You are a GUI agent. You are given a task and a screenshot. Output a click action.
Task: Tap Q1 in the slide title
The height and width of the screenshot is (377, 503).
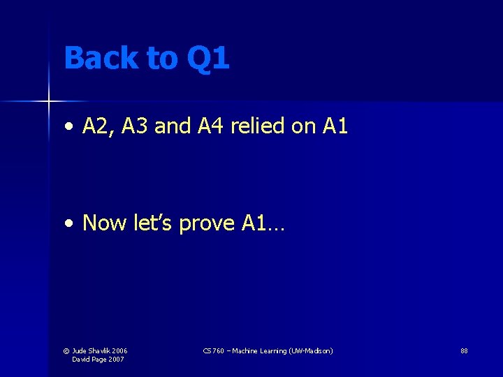[208, 59]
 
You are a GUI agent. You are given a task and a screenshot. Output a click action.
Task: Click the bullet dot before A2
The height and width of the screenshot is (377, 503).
[68, 127]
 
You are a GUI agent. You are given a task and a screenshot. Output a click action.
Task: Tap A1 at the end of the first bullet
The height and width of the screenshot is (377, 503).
[335, 126]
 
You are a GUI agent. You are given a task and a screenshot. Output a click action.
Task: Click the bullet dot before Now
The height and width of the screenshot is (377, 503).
[68, 224]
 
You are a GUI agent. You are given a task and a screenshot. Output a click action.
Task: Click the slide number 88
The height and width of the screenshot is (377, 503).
[464, 350]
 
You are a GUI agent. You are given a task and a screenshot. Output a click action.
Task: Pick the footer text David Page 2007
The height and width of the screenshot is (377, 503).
[98, 359]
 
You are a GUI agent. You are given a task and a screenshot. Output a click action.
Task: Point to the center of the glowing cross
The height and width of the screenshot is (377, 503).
[49, 102]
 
